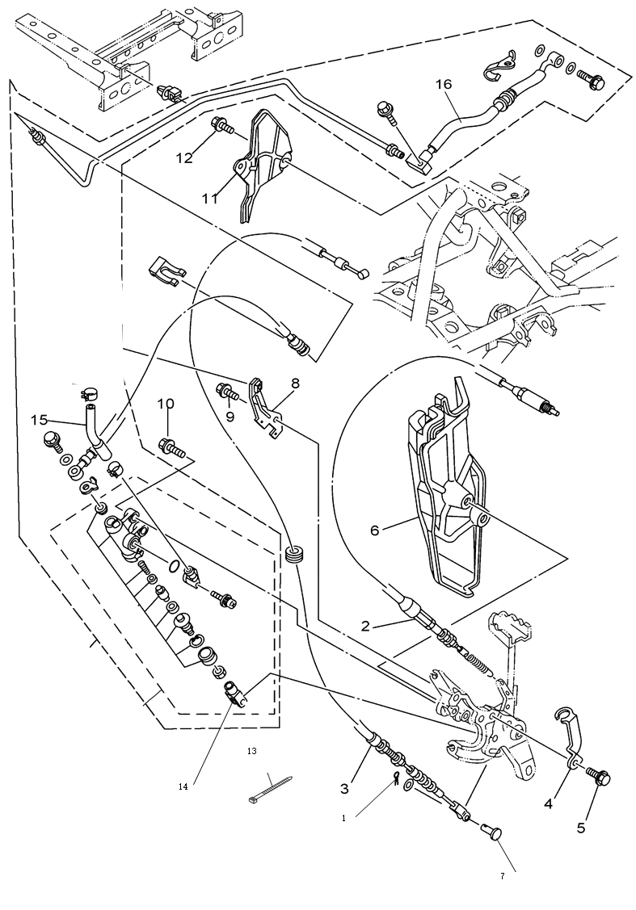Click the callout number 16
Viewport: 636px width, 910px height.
click(x=443, y=85)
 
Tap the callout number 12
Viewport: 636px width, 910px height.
click(x=184, y=157)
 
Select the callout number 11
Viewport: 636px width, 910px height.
click(x=209, y=198)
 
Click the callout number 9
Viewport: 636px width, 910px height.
click(x=230, y=417)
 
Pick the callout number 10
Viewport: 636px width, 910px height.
click(x=165, y=404)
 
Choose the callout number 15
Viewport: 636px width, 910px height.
click(x=40, y=420)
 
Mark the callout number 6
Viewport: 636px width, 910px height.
click(x=375, y=530)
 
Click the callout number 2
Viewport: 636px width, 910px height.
click(x=364, y=627)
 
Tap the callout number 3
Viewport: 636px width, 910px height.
click(x=344, y=789)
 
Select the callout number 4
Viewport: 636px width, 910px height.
click(x=549, y=804)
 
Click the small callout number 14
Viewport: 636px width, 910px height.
click(x=183, y=787)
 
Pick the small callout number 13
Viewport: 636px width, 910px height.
click(x=251, y=751)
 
